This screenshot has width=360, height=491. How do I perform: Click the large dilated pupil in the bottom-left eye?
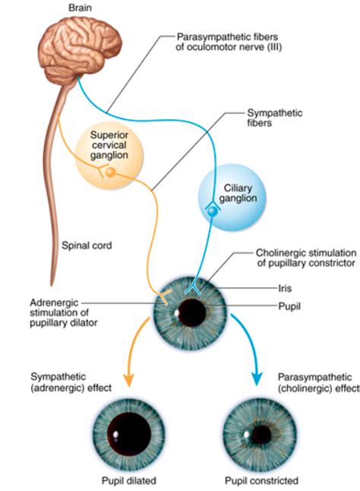(128, 432)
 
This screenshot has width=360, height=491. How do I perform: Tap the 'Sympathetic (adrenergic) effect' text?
(68, 382)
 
